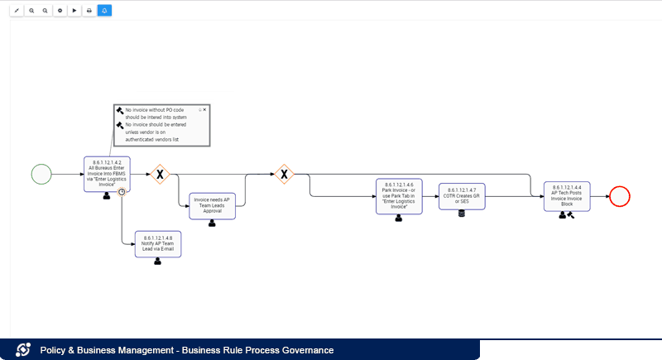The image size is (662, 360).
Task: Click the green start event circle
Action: click(x=41, y=174)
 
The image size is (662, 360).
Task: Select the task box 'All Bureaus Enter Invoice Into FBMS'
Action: click(x=107, y=172)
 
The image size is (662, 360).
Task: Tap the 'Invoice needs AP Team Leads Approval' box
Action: click(x=212, y=204)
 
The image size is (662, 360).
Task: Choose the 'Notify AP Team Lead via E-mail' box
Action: click(x=157, y=243)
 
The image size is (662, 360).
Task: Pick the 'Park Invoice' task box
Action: click(x=399, y=196)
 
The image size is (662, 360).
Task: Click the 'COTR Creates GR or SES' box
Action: click(x=462, y=197)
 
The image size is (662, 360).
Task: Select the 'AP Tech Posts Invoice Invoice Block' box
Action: click(x=567, y=195)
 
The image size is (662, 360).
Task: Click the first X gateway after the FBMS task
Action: click(x=160, y=174)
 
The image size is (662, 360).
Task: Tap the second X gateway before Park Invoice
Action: click(x=284, y=174)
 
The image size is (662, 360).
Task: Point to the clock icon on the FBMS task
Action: click(x=122, y=192)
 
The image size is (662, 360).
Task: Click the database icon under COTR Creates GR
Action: click(x=462, y=214)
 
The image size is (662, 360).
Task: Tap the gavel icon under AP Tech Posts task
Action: click(x=571, y=214)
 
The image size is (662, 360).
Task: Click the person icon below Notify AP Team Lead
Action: click(x=157, y=261)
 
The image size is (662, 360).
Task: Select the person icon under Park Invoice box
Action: click(x=399, y=218)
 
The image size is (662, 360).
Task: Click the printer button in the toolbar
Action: click(x=89, y=11)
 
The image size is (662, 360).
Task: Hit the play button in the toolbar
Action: click(x=74, y=11)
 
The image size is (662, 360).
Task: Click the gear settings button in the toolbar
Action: click(x=60, y=11)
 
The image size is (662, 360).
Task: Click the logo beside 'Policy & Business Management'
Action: click(x=24, y=350)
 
